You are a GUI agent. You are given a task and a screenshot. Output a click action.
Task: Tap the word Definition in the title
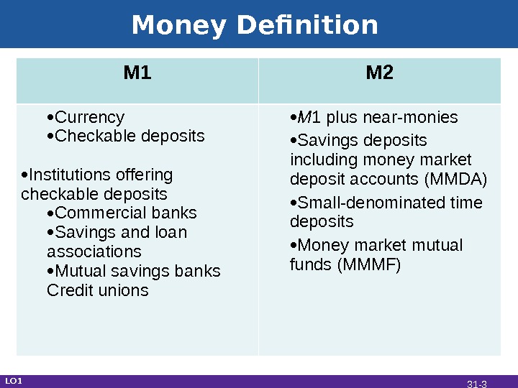(306, 26)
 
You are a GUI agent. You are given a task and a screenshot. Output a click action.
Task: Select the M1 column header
(137, 73)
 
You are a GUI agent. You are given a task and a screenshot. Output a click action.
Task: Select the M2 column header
(380, 73)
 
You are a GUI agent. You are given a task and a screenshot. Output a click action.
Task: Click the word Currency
(90, 117)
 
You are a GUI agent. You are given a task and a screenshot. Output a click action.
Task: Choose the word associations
(94, 252)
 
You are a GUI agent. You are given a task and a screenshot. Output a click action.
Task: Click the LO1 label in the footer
(14, 381)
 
